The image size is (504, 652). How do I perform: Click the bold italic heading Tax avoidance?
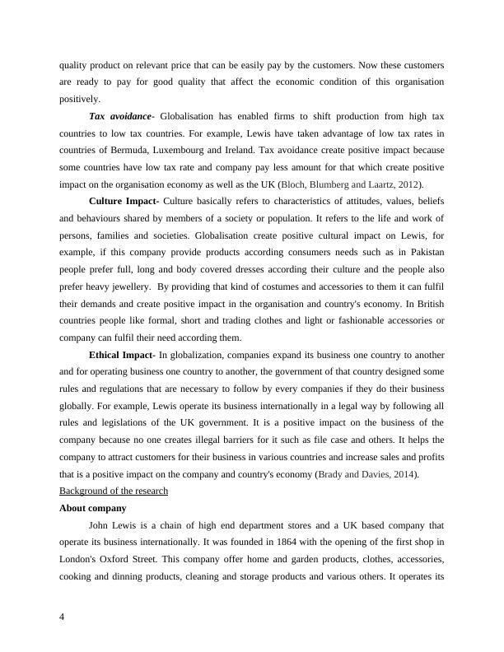coord(119,116)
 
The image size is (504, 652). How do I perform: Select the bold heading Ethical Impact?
coord(121,355)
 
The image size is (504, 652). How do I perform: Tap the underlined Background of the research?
coord(114,491)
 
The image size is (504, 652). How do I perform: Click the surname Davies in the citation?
coord(367,474)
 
